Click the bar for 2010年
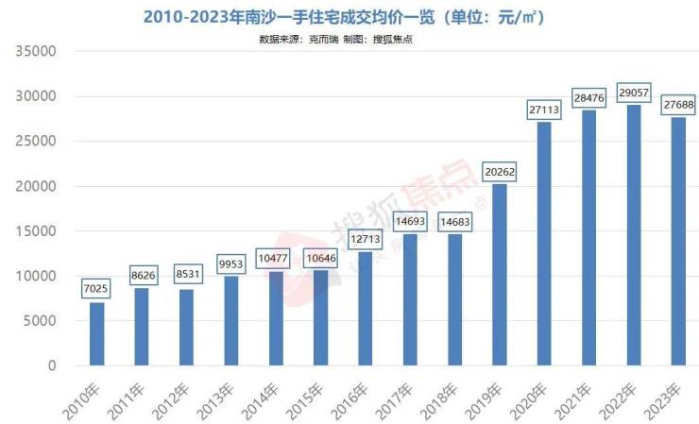(97, 333)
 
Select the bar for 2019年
(500, 274)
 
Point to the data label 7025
(97, 287)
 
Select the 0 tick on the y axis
(52, 365)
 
